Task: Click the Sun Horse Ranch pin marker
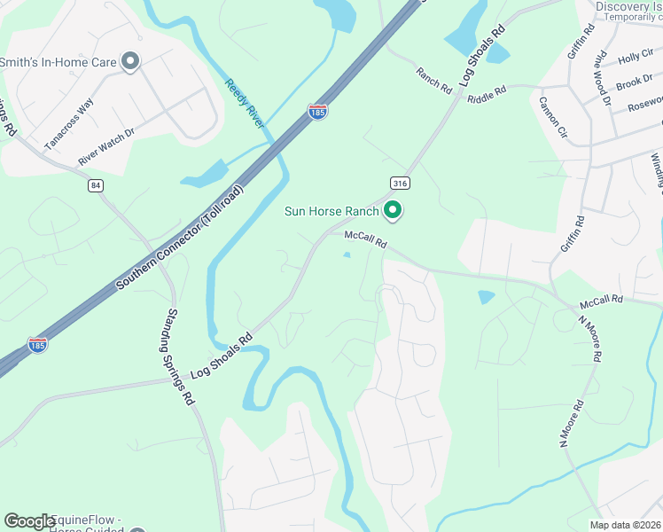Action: coord(393,210)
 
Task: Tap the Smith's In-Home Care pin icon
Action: coord(130,61)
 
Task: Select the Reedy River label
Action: coord(244,104)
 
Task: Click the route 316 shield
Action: coord(401,184)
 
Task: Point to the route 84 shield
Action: coord(96,185)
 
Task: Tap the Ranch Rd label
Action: coord(434,79)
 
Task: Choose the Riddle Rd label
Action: coord(487,91)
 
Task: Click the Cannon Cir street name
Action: coord(551,117)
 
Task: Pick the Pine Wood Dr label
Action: coord(603,77)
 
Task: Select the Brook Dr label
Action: coord(634,82)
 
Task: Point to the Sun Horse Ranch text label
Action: coord(331,211)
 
